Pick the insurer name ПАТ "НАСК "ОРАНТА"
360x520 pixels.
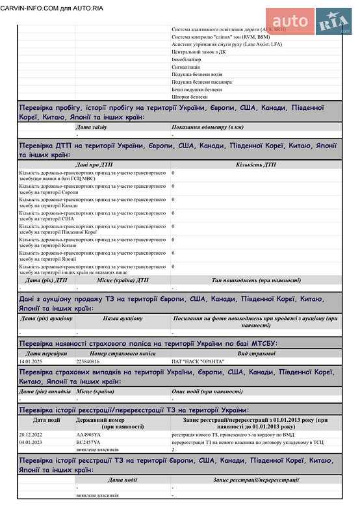point(198,361)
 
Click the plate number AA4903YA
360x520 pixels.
point(88,434)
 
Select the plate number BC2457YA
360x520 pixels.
point(88,442)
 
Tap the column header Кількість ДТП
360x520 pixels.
point(255,164)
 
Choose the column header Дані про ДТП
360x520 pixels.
point(94,164)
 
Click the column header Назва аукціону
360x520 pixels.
point(122,318)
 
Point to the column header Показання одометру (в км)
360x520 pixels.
point(207,127)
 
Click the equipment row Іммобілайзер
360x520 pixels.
point(186,59)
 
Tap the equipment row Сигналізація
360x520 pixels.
point(185,67)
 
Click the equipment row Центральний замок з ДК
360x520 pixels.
point(199,51)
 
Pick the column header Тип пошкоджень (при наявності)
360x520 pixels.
point(255,280)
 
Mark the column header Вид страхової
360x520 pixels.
point(255,353)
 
